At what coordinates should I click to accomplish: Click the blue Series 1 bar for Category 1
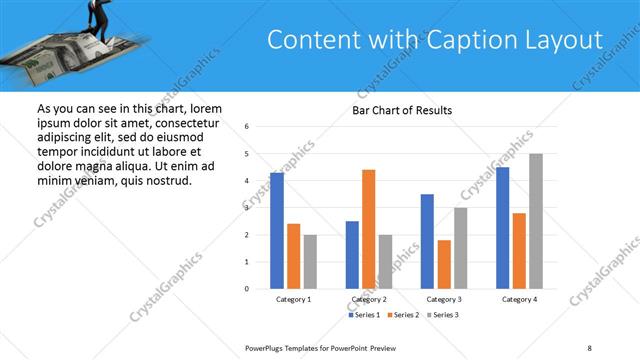277,231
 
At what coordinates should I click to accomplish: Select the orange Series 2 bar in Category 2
368,229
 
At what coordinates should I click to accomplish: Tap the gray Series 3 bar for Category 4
535,221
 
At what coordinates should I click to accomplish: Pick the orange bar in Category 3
444,264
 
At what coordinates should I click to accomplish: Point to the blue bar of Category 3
427,241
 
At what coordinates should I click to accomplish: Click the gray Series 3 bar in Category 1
310,261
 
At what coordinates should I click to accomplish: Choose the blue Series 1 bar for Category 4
502,228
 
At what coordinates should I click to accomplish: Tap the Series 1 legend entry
364,316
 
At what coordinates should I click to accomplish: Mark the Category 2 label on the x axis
369,299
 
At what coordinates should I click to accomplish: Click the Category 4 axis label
519,299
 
